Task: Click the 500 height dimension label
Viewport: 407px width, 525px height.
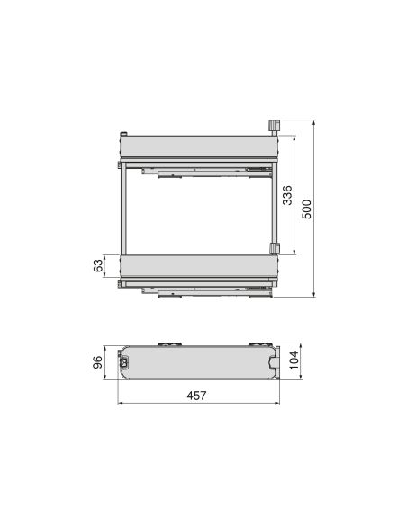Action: tap(307, 209)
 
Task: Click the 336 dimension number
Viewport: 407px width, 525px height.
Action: tap(286, 197)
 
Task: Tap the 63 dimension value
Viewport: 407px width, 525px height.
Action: tap(99, 266)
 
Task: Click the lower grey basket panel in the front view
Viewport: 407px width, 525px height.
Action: tap(198, 266)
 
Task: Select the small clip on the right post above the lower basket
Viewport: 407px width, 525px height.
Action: tap(275, 246)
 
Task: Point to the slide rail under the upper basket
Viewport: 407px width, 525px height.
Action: tap(198, 169)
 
